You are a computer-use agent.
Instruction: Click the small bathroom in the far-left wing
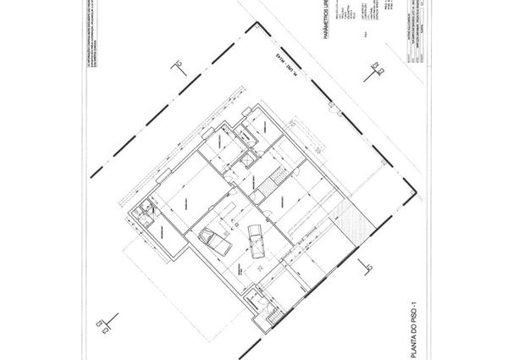point(147,209)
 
